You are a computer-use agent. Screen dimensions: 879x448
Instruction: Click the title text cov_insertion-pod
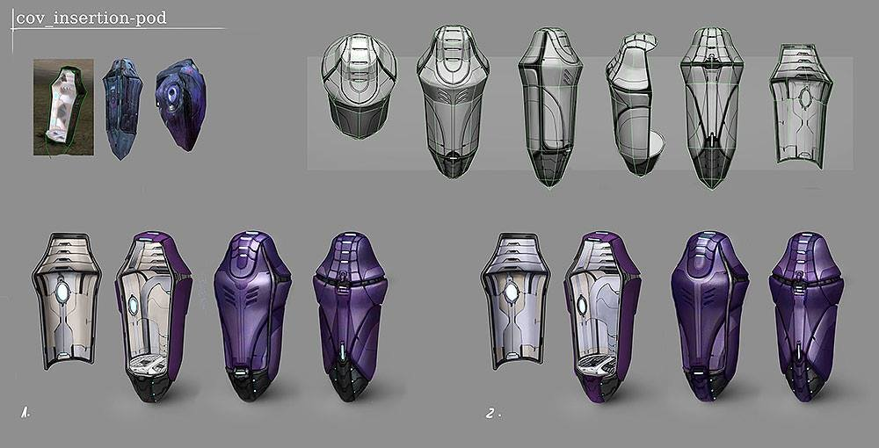tap(91, 18)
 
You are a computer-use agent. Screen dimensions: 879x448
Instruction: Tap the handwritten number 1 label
tap(25, 414)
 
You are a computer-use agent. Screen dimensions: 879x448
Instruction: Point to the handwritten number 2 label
tap(491, 415)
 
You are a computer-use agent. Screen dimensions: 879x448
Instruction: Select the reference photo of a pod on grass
tap(63, 107)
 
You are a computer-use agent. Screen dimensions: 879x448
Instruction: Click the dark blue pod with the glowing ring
tap(180, 104)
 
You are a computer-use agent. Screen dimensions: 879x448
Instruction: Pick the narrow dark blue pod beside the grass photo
tap(121, 109)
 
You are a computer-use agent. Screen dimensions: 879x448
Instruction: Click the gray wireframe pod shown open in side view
tap(634, 104)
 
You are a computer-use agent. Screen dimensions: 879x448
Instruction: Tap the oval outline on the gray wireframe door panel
tap(805, 98)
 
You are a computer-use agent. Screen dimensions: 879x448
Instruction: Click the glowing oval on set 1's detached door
tap(62, 292)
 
